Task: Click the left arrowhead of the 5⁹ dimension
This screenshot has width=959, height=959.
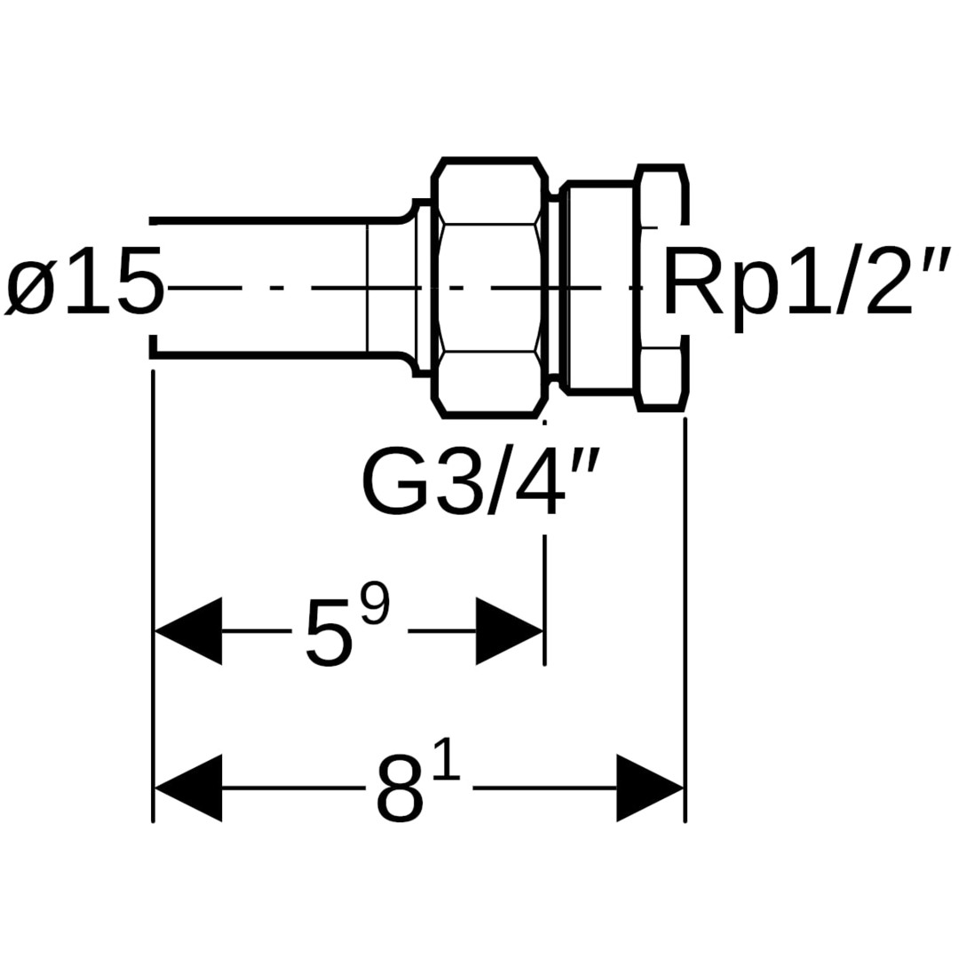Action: [188, 631]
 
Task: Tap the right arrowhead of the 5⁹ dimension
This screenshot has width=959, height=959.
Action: [509, 631]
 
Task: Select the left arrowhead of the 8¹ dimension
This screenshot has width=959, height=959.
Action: [188, 788]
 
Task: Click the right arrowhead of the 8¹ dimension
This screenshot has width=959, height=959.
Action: [649, 788]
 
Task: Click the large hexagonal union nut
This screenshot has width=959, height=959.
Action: [488, 288]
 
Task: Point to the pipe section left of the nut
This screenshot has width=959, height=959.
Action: [266, 288]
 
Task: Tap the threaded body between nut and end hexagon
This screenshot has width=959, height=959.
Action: [600, 288]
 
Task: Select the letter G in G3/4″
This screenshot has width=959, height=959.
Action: [396, 483]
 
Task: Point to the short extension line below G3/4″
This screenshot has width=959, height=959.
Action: [544, 599]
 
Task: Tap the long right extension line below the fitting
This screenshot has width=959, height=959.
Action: [685, 622]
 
